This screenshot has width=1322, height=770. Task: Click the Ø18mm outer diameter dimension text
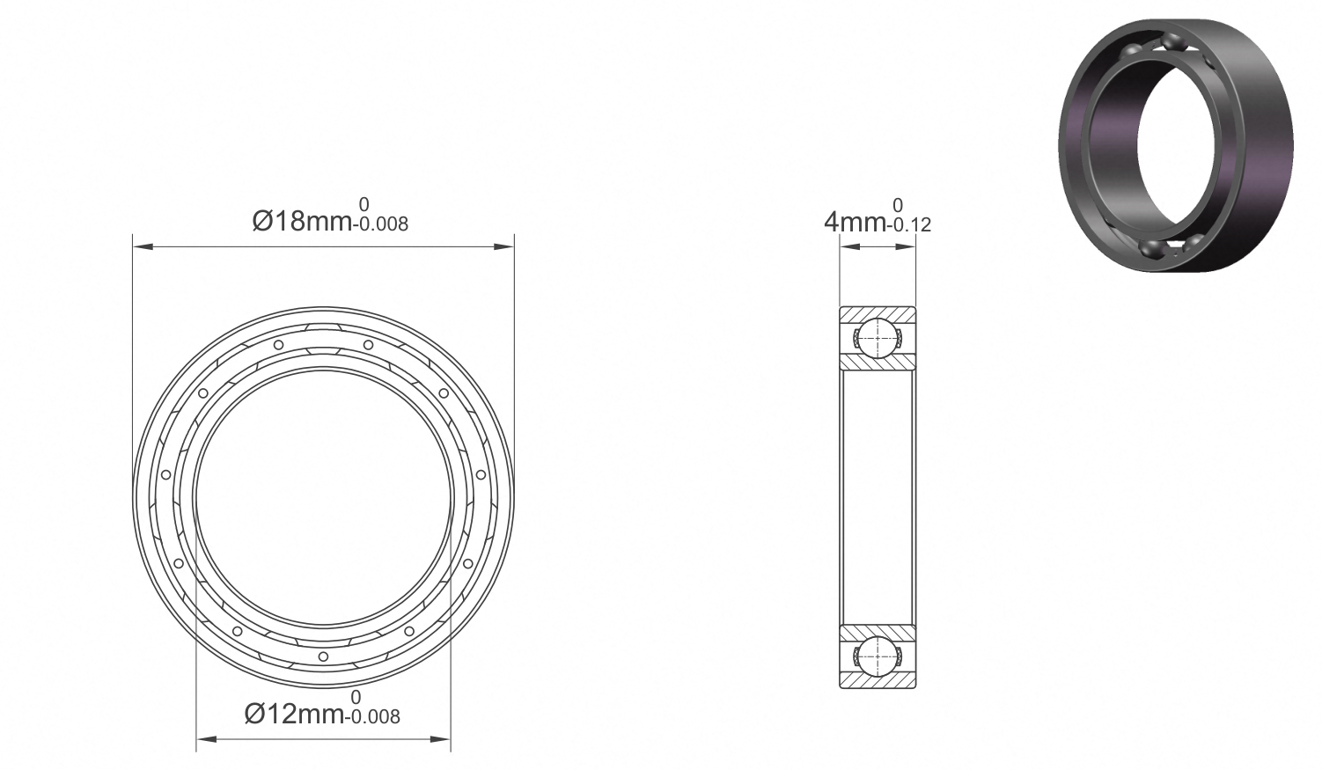pos(302,221)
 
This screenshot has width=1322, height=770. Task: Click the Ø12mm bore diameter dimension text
pos(294,714)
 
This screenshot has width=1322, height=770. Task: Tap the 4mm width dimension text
pos(855,223)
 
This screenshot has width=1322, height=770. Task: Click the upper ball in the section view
pos(878,339)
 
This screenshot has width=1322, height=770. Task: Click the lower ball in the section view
pos(878,656)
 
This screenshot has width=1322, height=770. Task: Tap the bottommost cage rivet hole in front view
pos(323,656)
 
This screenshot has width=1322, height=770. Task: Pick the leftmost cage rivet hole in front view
pos(165,475)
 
